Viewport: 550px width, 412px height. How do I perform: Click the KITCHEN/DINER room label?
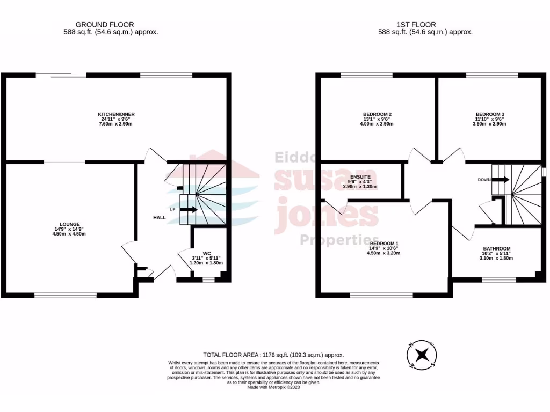(115, 115)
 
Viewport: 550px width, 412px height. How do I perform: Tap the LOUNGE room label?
(70, 224)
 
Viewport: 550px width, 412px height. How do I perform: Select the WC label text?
(206, 253)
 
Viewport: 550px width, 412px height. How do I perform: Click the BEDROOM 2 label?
(377, 114)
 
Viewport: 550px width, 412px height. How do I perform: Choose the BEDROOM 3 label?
(490, 114)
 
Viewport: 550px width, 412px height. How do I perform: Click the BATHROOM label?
(497, 248)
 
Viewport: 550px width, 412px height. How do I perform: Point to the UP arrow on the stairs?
(187, 209)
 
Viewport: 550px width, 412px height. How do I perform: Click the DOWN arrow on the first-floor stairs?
(500, 180)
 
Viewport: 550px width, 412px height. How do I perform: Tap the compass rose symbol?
(423, 355)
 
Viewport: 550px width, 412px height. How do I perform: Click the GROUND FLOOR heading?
(105, 24)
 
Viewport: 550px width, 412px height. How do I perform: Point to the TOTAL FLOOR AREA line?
(273, 355)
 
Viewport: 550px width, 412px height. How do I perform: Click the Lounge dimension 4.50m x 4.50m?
(70, 234)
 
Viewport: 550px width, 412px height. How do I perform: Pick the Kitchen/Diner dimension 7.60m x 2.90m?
(115, 124)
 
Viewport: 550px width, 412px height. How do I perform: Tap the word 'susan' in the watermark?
(321, 181)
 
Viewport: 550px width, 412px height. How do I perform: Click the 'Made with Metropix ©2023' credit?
(274, 387)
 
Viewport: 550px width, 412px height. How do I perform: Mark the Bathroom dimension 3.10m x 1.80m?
(497, 258)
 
